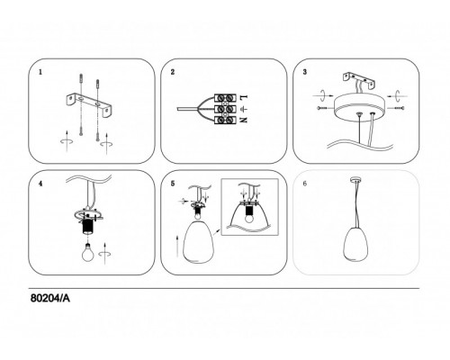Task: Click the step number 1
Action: pyautogui.click(x=40, y=72)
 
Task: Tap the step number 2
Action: pyautogui.click(x=173, y=72)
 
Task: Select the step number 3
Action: pyautogui.click(x=305, y=72)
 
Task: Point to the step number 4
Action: pyautogui.click(x=40, y=184)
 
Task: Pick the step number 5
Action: pyautogui.click(x=173, y=184)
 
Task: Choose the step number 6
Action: pyautogui.click(x=305, y=184)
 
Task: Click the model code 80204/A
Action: pyautogui.click(x=50, y=298)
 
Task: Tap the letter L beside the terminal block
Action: pyautogui.click(x=244, y=97)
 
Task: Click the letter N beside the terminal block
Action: pyautogui.click(x=244, y=120)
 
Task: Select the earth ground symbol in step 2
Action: pyautogui.click(x=243, y=109)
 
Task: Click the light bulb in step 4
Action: pyautogui.click(x=88, y=254)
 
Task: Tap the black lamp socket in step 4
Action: pyautogui.click(x=88, y=227)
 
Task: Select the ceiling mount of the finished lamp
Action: pyautogui.click(x=355, y=180)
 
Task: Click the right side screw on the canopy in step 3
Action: pyautogui.click(x=396, y=108)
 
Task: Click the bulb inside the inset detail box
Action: pyautogui.click(x=249, y=218)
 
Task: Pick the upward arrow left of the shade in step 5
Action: pyautogui.click(x=177, y=246)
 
